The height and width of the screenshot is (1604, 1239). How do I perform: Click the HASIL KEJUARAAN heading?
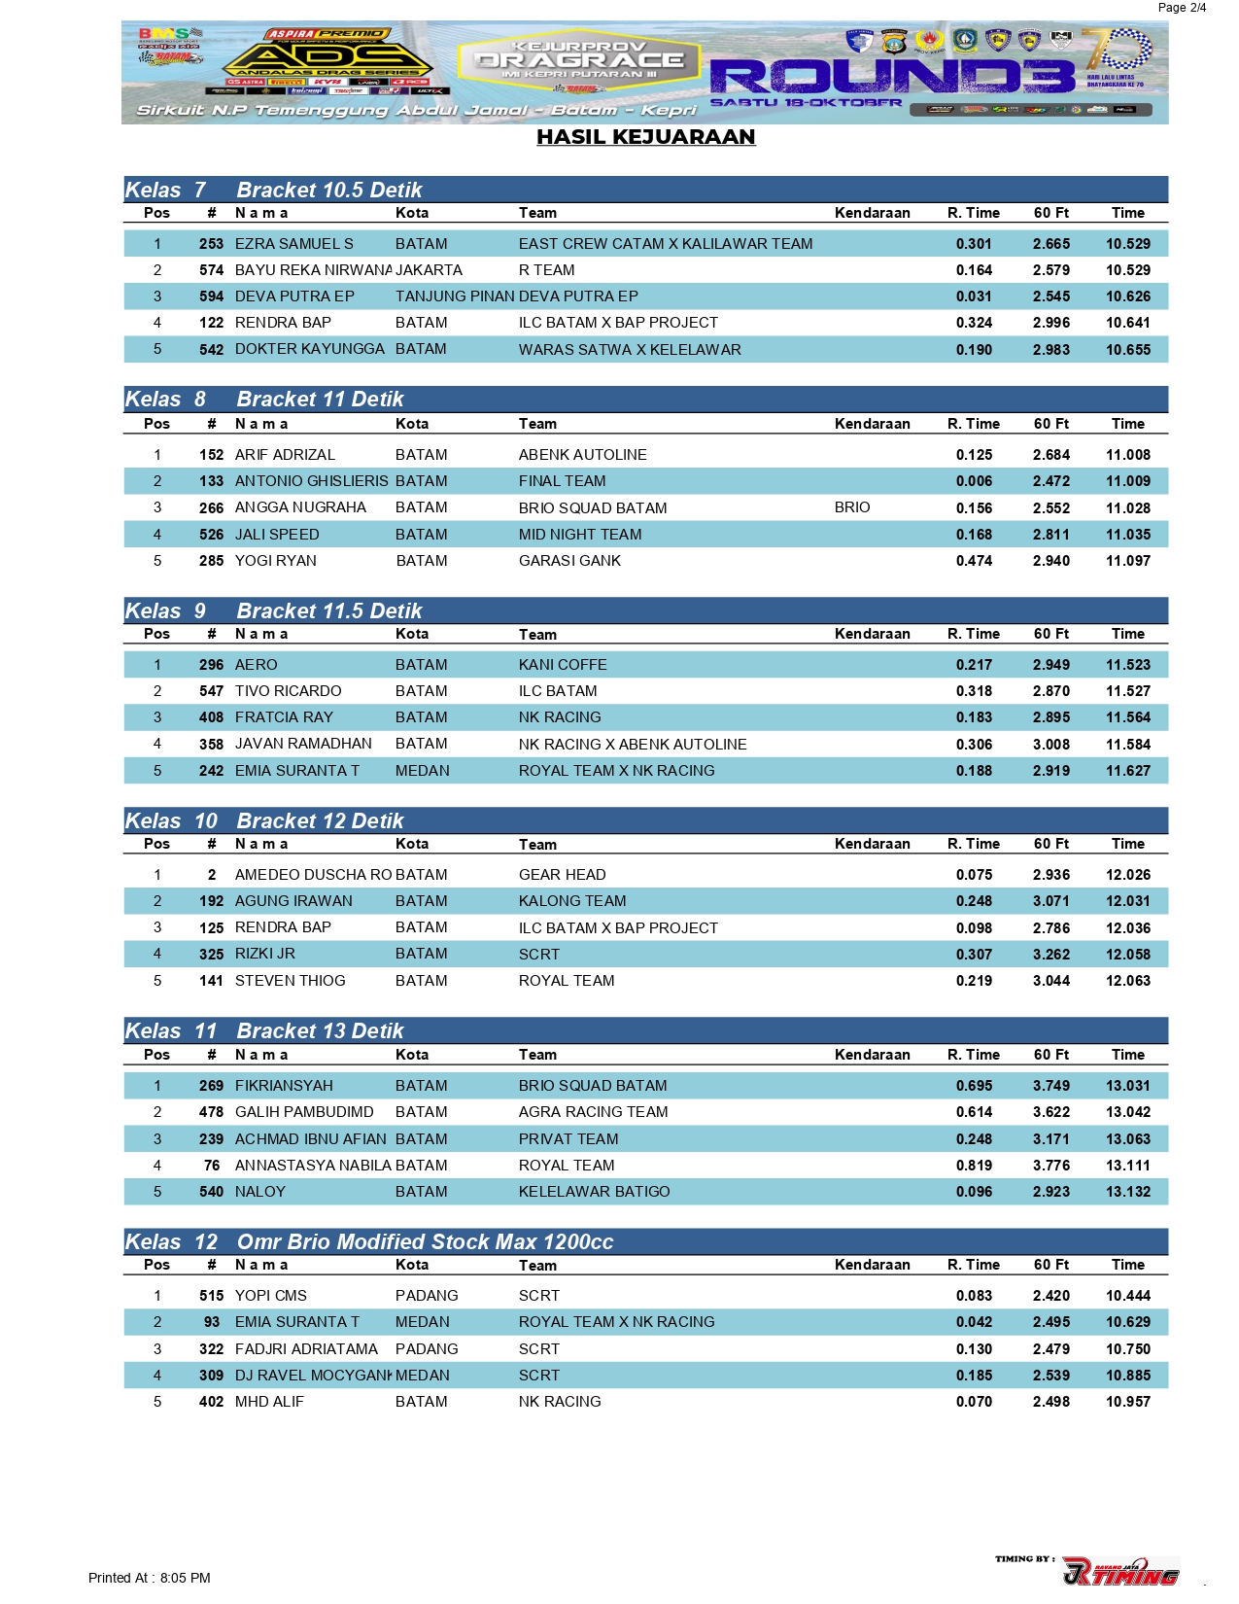(645, 137)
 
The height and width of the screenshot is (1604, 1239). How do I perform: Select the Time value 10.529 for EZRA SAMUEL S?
(1127, 244)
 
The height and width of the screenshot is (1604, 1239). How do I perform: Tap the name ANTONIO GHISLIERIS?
(311, 481)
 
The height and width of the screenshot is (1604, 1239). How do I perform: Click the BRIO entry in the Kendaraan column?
(852, 507)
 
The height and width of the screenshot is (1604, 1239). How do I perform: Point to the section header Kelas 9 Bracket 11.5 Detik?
(273, 611)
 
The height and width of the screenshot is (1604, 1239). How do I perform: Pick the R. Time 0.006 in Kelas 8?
(974, 481)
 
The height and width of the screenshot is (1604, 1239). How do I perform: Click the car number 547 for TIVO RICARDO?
(211, 691)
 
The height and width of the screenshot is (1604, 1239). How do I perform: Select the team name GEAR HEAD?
(562, 875)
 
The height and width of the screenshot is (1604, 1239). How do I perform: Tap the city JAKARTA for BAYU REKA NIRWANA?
(429, 270)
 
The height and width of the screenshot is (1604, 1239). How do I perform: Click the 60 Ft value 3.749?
(1050, 1086)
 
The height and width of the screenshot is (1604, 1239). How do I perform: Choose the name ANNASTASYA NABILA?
(312, 1166)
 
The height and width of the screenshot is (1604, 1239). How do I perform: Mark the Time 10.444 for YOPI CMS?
(1127, 1296)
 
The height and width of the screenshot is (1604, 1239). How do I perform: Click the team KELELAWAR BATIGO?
(594, 1192)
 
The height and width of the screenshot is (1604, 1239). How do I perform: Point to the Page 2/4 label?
(1182, 8)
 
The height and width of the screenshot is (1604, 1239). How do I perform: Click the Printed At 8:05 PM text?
(149, 1578)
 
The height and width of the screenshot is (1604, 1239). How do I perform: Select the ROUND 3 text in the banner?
(891, 76)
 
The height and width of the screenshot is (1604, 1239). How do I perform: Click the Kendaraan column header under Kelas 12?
(872, 1265)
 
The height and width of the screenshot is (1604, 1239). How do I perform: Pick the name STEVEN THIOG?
(290, 981)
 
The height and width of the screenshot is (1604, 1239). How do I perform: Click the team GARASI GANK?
(569, 561)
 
